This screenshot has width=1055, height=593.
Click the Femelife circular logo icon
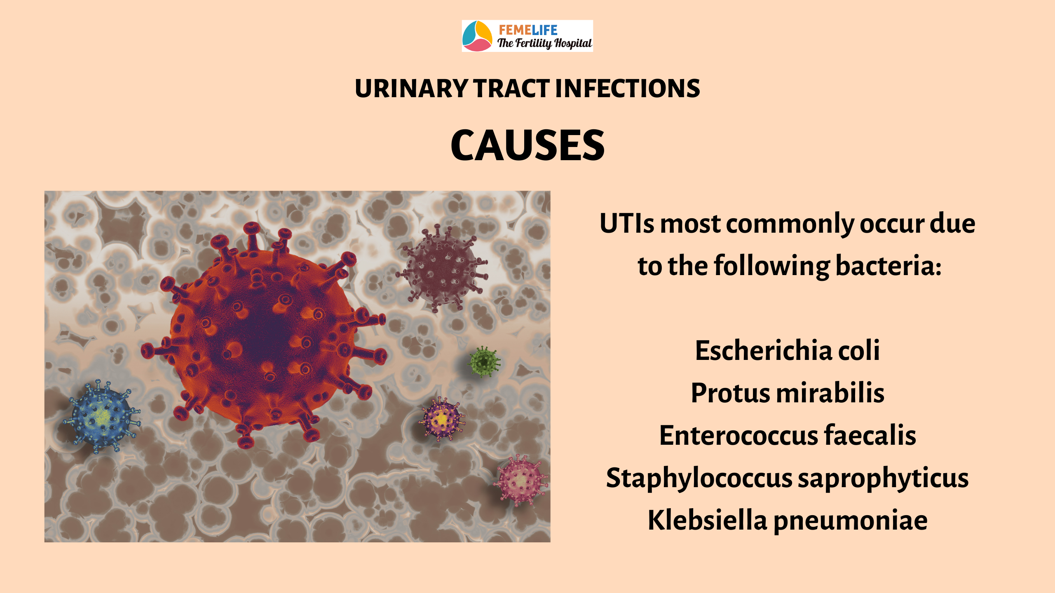click(477, 36)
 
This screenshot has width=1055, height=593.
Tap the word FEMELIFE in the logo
click(528, 30)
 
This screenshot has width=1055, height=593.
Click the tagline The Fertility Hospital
click(544, 43)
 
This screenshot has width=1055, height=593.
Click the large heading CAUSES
click(527, 145)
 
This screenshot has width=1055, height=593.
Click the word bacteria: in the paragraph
click(889, 266)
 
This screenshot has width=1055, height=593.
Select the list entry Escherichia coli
click(788, 350)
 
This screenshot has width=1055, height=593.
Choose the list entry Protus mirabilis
click(788, 393)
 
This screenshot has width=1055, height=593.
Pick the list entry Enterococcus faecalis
click(788, 435)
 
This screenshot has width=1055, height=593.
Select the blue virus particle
click(102, 417)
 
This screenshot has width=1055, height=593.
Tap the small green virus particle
click(484, 362)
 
